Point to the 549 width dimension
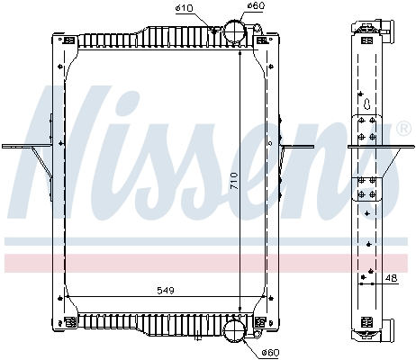click(164, 291)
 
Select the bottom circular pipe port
click(232, 332)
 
